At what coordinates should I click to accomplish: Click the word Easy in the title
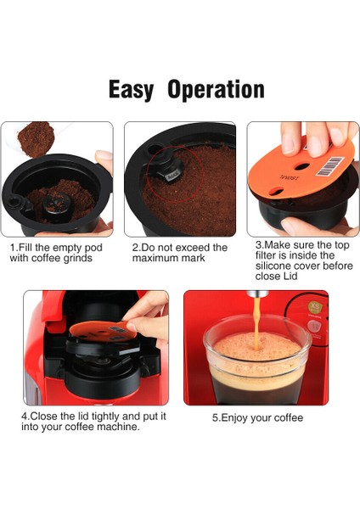[x=131, y=90]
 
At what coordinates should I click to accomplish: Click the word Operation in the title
[x=216, y=90]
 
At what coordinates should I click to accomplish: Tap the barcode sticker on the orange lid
[x=329, y=166]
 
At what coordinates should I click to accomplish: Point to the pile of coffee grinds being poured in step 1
[x=35, y=138]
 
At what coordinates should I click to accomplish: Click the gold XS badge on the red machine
[x=314, y=306]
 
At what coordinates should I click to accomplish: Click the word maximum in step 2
[x=152, y=258]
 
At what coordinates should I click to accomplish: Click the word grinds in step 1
[x=78, y=259]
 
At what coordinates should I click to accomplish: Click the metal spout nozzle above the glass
[x=257, y=294]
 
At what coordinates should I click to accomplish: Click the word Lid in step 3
[x=290, y=277]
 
